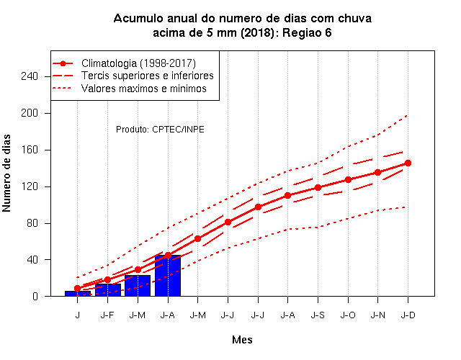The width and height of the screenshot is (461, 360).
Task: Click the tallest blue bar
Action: coord(168,276)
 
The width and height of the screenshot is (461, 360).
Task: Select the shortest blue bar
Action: coord(78,294)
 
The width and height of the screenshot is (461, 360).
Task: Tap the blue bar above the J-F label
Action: coord(107,290)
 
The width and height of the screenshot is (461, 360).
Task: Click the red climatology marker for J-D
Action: coord(408,163)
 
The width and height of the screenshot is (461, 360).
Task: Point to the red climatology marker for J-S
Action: coord(318,187)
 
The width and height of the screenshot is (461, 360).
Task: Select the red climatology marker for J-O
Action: coord(348,179)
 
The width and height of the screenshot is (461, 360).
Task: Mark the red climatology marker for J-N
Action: coord(377,173)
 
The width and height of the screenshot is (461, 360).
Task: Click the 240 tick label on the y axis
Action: coord(30,76)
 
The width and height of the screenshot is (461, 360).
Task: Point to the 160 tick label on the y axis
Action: coord(30,150)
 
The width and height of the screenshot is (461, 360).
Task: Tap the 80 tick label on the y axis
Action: coord(32,223)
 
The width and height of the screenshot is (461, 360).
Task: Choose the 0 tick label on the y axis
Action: coord(35,296)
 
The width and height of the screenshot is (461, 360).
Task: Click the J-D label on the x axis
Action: coord(408,315)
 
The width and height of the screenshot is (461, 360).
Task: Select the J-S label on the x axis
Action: coord(318,315)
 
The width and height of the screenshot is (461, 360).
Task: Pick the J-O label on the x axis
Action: coord(348,315)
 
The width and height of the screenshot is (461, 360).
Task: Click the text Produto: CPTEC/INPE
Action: coord(160,130)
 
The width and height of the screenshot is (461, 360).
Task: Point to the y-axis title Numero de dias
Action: coord(6,174)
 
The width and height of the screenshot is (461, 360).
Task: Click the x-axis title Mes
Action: coord(242,340)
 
